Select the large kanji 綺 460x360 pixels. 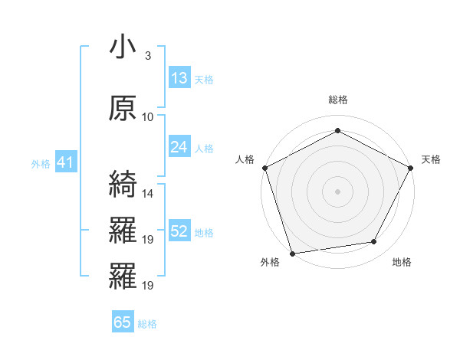point(123,183)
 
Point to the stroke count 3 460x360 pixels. point(147,55)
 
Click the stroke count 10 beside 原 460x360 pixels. point(148,116)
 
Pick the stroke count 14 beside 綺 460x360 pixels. point(148,193)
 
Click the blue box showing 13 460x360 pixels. point(179,78)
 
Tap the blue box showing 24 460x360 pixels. point(179,147)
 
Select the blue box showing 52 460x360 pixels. point(179,231)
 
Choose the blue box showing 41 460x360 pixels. point(64,162)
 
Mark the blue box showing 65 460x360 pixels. point(123,322)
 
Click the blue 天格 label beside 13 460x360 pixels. point(204,79)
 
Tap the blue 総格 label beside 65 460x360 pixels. point(147,323)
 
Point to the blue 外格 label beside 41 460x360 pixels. point(40,163)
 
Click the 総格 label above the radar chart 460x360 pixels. point(337,100)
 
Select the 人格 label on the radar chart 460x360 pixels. point(245,159)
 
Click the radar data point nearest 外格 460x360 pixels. point(292,252)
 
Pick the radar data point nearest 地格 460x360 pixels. point(374,242)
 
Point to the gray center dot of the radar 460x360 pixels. point(337,191)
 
